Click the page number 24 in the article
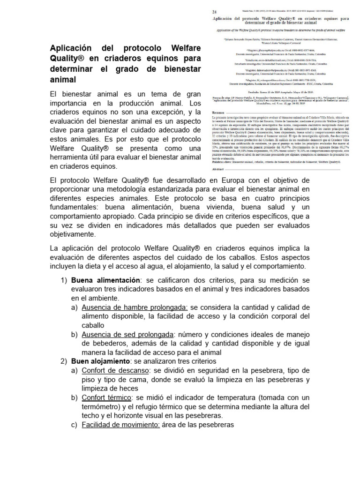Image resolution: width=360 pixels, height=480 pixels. coord(214,12)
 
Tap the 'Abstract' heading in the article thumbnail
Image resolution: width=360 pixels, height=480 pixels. coord(219,168)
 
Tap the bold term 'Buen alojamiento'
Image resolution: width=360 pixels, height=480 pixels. coord(100,361)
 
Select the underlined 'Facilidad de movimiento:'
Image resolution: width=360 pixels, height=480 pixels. coord(121,425)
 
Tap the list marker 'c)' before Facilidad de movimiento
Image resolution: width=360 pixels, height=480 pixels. coord(75,425)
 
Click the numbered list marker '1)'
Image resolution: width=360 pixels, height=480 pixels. coord(64,280)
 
